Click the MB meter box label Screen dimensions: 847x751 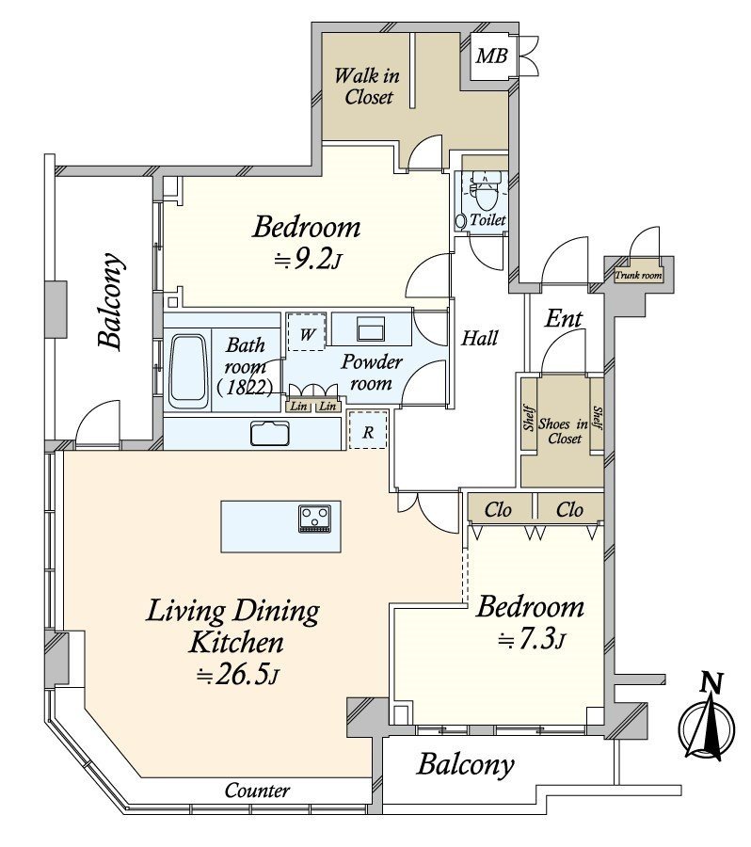coord(490,56)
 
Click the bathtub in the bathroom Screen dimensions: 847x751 coord(189,371)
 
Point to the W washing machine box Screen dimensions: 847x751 coord(307,332)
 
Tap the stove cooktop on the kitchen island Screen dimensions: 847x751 coord(313,519)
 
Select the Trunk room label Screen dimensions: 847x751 coord(638,276)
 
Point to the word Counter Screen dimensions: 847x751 coord(257,791)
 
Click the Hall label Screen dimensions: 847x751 coord(479,338)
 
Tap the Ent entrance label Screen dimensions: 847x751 coord(564,319)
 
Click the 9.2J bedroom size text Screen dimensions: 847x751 coord(305,261)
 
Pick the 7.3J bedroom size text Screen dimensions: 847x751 coord(531,641)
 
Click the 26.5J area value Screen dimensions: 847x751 coord(240,676)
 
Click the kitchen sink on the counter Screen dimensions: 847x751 coord(272,433)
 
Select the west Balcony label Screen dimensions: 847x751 coord(110,302)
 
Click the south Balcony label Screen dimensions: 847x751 coord(466,765)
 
